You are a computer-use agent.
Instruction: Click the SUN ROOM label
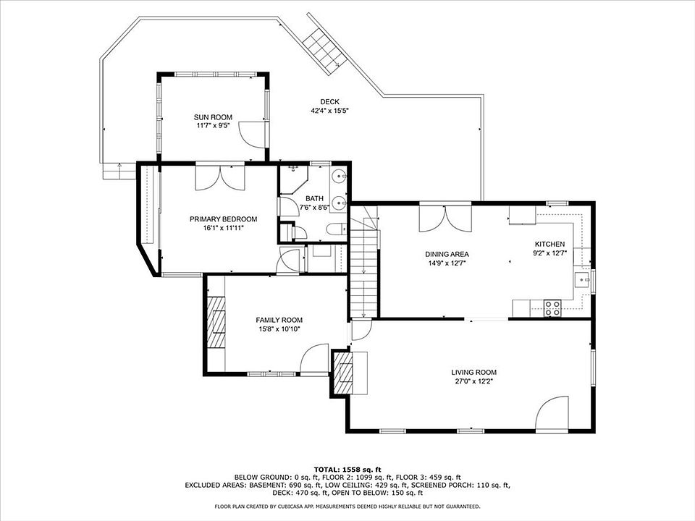[x=213, y=117]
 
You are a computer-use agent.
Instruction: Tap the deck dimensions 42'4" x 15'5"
[x=330, y=111]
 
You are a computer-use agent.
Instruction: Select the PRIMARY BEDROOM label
[x=224, y=219]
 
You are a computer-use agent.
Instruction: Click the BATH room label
[x=314, y=199]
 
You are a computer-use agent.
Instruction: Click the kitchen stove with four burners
[x=552, y=308]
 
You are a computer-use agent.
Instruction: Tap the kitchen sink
[x=582, y=280]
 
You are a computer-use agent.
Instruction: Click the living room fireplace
[x=342, y=373]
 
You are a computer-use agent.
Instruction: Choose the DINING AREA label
[x=447, y=254]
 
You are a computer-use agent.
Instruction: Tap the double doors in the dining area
[x=445, y=219]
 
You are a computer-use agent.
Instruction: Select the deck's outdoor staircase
[x=325, y=44]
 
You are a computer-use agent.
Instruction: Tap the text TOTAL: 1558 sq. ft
[x=347, y=470]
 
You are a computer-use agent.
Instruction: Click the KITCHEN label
[x=549, y=244]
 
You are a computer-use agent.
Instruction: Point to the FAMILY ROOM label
[x=279, y=320]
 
